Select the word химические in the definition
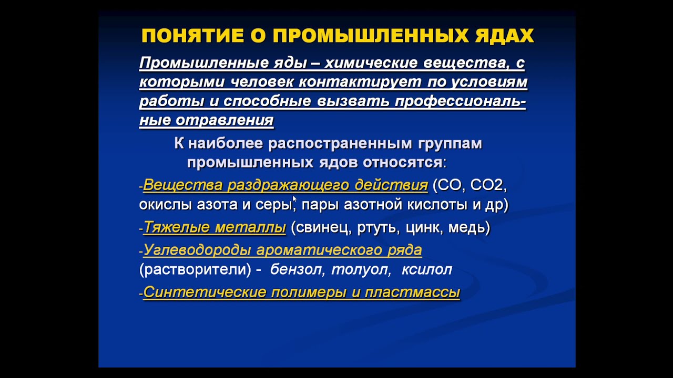pos(369,64)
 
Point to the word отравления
pos(225,120)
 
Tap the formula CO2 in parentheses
pos(487,185)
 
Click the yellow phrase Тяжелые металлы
pos(215,227)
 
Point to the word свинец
pos(321,228)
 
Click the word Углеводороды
pos(197,250)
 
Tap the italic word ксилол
pos(426,270)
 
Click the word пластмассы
pos(420,292)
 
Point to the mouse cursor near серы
pos(294,199)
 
